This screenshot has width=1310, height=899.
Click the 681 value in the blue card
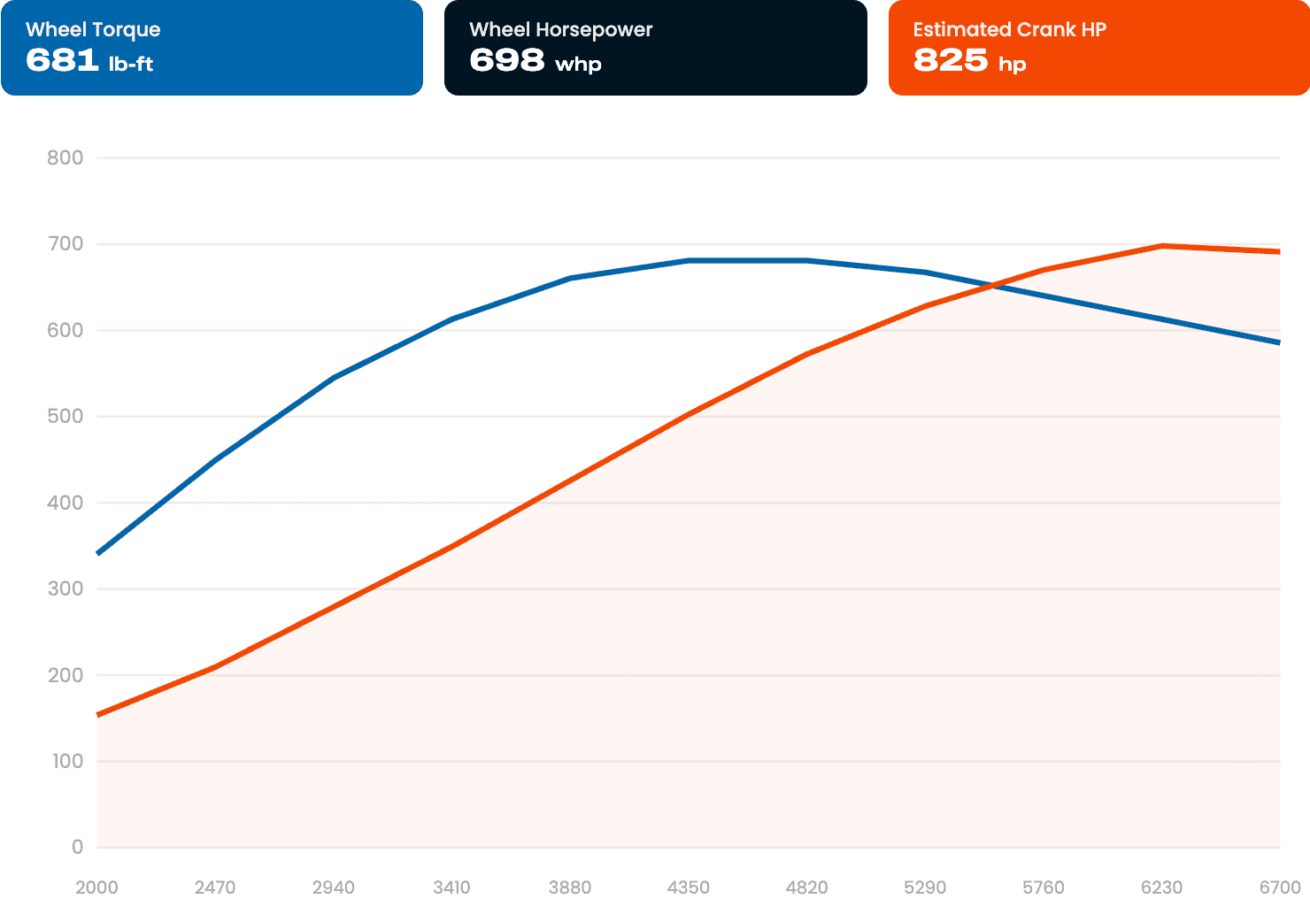[x=62, y=60]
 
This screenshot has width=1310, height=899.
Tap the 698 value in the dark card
[x=506, y=60]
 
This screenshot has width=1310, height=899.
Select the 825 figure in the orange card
[x=951, y=60]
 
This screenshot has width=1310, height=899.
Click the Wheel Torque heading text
[x=93, y=29]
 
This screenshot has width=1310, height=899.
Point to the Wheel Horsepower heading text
[x=560, y=29]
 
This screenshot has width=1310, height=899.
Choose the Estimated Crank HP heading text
[x=1009, y=29]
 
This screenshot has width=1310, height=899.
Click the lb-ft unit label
[x=131, y=63]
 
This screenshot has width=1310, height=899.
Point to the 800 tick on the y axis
[x=65, y=158]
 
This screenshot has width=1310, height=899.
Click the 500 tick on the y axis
[x=65, y=416]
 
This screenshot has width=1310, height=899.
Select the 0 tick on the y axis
[x=77, y=847]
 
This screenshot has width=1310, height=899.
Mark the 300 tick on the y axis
[x=65, y=588]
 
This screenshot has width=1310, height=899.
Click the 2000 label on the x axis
[x=96, y=887]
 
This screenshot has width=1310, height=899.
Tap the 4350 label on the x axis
[x=689, y=887]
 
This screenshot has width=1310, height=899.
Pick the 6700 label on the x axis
[x=1280, y=887]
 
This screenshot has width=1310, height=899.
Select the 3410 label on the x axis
[x=451, y=887]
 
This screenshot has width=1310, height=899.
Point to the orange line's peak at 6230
[x=1162, y=246]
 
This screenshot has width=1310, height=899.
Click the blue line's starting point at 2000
[x=97, y=553]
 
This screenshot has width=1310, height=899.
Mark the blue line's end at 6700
[x=1280, y=342]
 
